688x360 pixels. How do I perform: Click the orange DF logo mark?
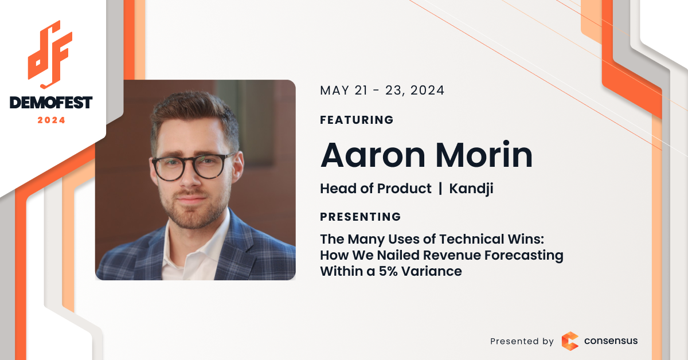click(x=50, y=54)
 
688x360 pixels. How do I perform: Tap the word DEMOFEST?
click(x=51, y=103)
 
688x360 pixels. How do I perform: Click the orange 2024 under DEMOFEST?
click(x=51, y=120)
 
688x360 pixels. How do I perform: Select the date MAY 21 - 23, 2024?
click(x=382, y=91)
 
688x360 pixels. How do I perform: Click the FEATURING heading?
click(x=357, y=120)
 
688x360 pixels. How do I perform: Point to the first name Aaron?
click(x=373, y=155)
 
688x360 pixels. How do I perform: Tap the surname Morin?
click(x=484, y=155)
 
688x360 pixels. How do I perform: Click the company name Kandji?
click(x=471, y=189)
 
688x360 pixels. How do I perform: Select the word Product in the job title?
click(x=404, y=188)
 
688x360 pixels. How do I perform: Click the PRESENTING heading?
click(x=360, y=217)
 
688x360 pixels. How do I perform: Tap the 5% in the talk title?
click(x=388, y=271)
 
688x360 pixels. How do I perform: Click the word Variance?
click(x=432, y=271)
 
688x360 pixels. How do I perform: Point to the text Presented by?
click(x=522, y=341)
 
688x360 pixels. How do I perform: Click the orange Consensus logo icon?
click(x=570, y=341)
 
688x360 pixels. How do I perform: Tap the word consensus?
click(x=611, y=341)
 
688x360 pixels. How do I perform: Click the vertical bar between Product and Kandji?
click(x=440, y=188)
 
